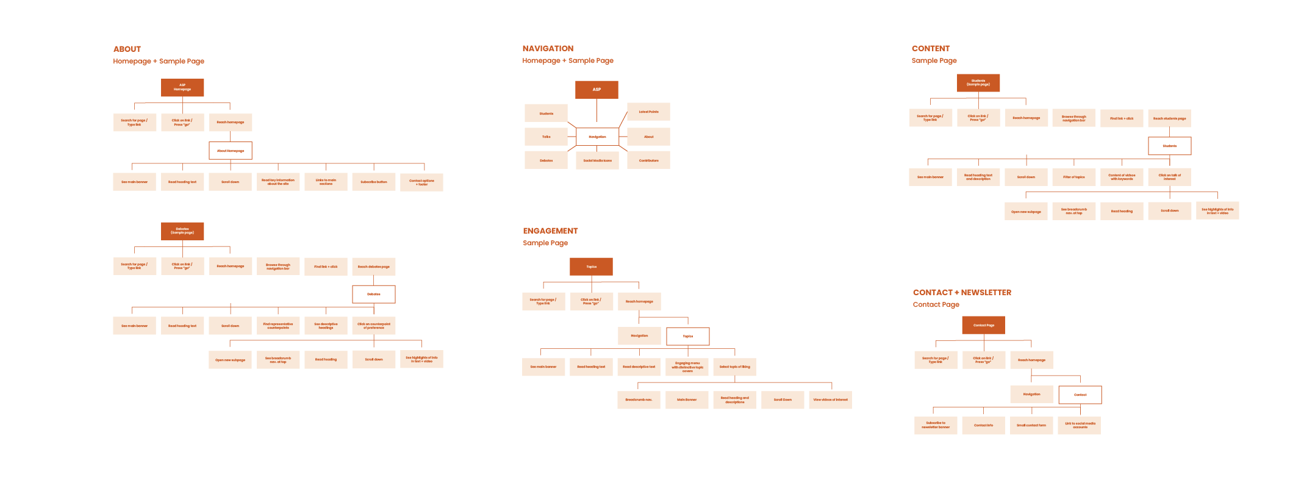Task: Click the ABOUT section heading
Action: coord(127,49)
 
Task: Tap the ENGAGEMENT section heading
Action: coord(550,231)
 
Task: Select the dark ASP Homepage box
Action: coord(182,87)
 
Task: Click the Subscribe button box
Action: coord(374,182)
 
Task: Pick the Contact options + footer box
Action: coord(421,182)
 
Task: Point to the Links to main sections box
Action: coord(326,182)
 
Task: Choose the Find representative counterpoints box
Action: coord(278,326)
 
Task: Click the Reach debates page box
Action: coord(374,267)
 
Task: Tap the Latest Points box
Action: coord(648,112)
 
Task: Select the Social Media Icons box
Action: coord(597,160)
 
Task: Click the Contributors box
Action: coord(648,160)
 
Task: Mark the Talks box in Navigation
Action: coord(546,137)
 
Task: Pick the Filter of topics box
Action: coord(1074,177)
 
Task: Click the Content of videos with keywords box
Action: coord(1122,177)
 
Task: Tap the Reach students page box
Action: coord(1169,118)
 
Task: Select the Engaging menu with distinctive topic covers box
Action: coord(687,367)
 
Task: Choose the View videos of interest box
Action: coord(830,399)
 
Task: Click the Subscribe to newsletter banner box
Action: coord(936,425)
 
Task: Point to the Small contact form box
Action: coord(1031,425)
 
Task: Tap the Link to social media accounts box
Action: coord(1080,425)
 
